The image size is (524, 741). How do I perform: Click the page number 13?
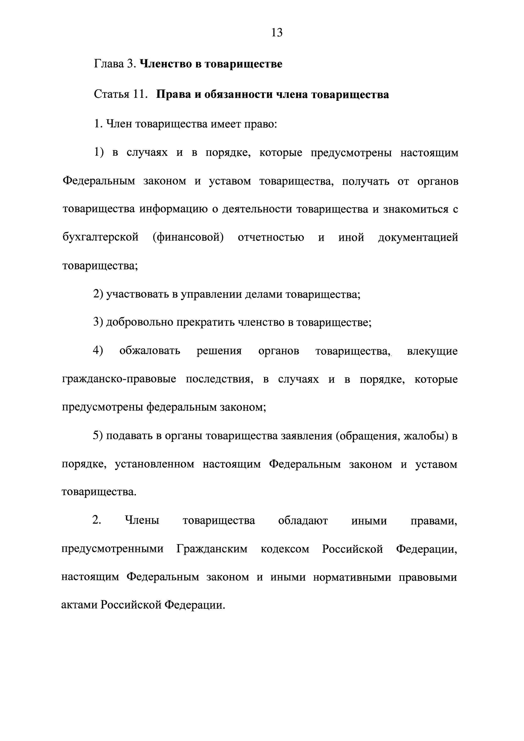277,33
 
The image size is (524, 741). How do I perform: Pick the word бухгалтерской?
100,238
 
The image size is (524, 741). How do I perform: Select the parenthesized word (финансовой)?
188,238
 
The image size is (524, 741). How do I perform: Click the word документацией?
418,238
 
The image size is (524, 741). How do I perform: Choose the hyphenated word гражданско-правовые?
119,379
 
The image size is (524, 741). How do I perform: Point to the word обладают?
303,521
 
